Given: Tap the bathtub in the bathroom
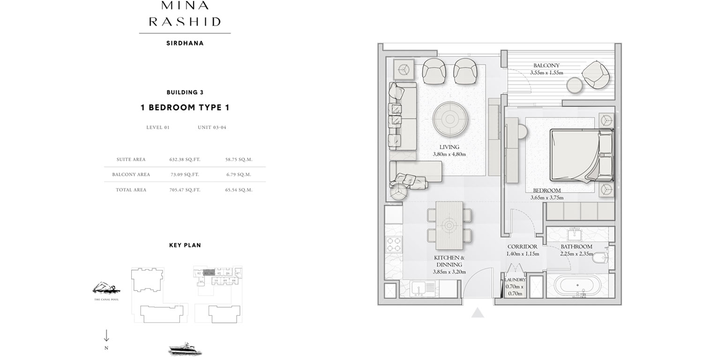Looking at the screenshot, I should pyautogui.click(x=577, y=285).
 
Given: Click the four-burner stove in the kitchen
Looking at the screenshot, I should pyautogui.click(x=392, y=245).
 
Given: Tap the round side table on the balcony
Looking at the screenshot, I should pyautogui.click(x=574, y=86).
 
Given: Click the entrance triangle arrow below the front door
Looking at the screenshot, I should pyautogui.click(x=477, y=313).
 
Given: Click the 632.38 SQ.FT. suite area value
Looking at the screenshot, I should pyautogui.click(x=185, y=159).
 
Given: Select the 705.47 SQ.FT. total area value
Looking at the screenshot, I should pyautogui.click(x=185, y=190).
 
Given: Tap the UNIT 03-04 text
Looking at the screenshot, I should pyautogui.click(x=212, y=127).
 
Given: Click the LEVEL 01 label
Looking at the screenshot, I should pyautogui.click(x=158, y=127).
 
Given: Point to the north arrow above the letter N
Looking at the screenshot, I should pyautogui.click(x=106, y=335).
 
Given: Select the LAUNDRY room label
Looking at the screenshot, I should pyautogui.click(x=516, y=280).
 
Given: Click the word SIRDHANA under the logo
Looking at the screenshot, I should pyautogui.click(x=185, y=43).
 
